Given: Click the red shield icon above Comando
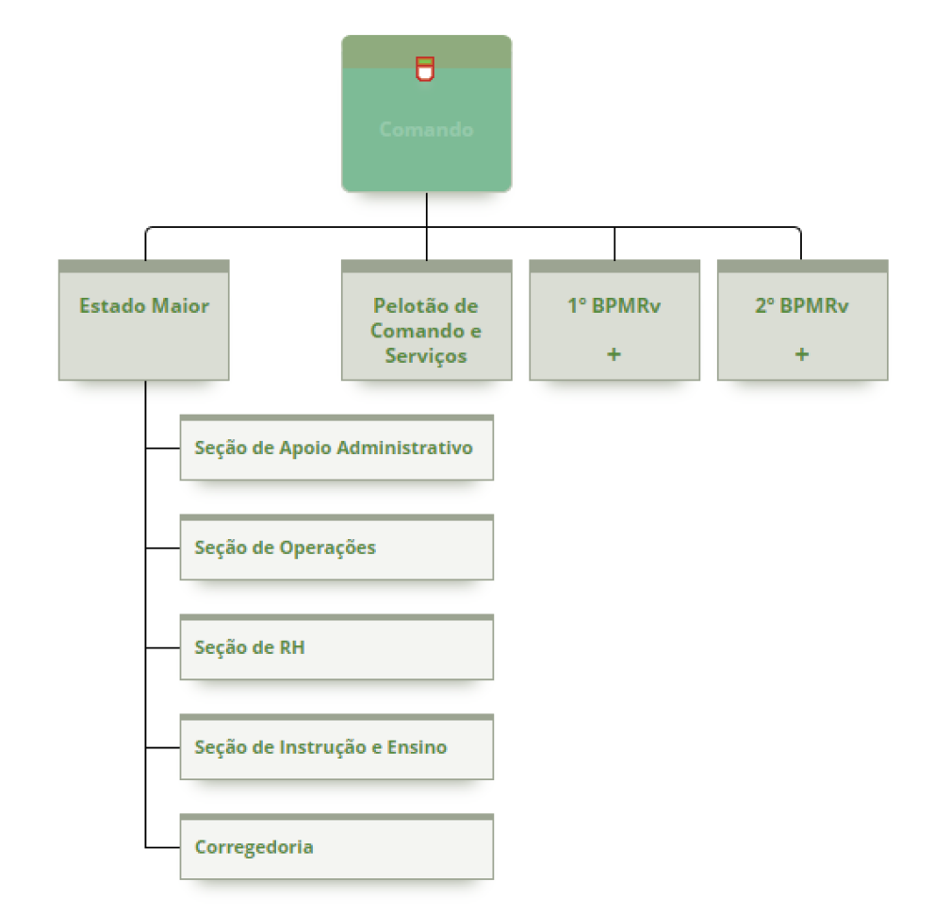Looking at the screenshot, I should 425,68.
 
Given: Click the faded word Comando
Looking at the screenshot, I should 426,129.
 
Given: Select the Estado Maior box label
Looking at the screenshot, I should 144,306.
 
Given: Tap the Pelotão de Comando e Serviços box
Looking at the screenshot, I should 426,331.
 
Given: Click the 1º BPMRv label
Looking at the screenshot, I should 614,306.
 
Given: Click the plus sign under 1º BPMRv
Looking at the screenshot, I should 614,354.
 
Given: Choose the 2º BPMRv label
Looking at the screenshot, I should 802,306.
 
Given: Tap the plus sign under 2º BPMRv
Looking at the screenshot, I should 802,354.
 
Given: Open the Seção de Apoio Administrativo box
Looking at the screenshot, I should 336,448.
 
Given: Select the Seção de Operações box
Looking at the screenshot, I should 336,547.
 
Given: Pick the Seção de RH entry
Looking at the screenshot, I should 336,647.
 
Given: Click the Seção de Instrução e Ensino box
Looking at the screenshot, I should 336,747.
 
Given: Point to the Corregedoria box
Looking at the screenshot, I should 336,847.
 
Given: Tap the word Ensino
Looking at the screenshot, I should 417,747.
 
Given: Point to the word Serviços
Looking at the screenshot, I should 426,356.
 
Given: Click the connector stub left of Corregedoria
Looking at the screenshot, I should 163,847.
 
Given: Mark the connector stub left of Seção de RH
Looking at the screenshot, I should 163,647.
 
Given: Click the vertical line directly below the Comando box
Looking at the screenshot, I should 427,209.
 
